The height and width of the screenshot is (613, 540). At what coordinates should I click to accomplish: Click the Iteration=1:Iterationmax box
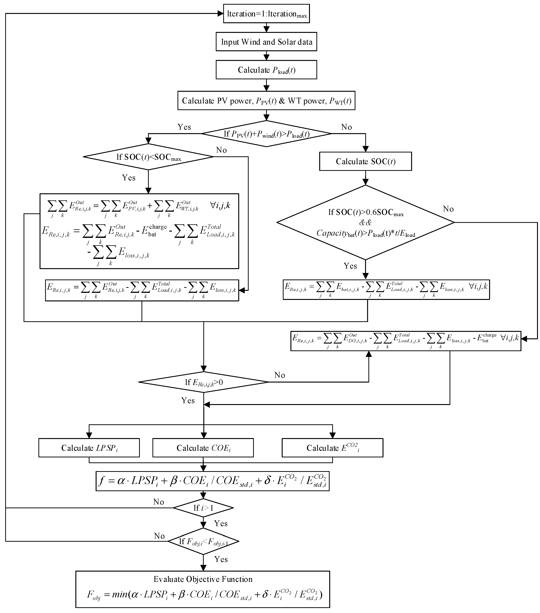click(x=266, y=14)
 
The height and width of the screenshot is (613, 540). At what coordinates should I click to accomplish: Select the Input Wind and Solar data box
click(x=266, y=42)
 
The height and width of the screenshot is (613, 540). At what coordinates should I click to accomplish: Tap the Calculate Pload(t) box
click(x=266, y=70)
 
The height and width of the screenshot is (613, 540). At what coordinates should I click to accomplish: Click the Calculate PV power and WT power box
click(x=266, y=101)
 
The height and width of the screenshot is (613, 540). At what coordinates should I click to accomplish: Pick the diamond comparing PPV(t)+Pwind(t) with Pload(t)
click(x=266, y=134)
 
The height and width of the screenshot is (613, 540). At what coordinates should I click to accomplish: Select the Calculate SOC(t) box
click(x=365, y=161)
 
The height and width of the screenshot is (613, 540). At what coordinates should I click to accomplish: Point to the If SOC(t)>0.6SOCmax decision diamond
click(x=365, y=222)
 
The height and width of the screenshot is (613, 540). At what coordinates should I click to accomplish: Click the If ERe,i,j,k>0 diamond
click(x=203, y=382)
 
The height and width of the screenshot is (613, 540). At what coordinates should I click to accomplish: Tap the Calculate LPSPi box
click(x=89, y=448)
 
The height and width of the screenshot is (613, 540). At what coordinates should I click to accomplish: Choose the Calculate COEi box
click(x=203, y=448)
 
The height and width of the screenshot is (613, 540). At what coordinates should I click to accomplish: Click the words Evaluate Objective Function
click(x=203, y=579)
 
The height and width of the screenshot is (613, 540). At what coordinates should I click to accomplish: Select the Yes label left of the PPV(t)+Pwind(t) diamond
click(x=184, y=127)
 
